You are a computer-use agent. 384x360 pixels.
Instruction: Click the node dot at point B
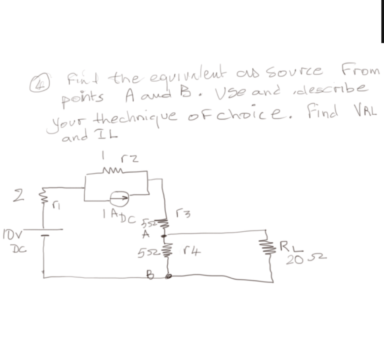tap(168, 276)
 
